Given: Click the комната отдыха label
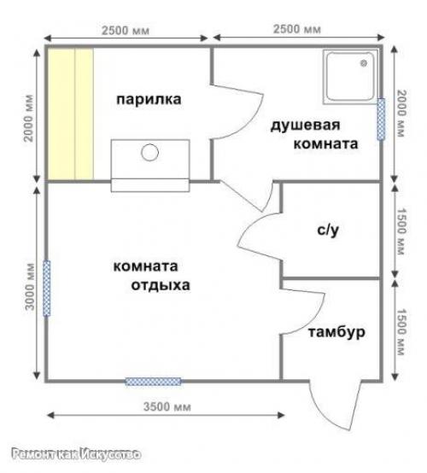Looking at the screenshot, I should click(x=151, y=276).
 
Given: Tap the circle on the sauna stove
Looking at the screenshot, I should click(x=150, y=153).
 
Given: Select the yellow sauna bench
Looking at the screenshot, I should click(x=70, y=114).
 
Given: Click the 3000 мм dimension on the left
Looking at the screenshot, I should click(x=30, y=292).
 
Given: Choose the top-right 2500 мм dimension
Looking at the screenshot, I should click(x=297, y=30).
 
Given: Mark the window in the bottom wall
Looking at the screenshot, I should click(x=153, y=381).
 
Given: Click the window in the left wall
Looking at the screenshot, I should click(x=47, y=288).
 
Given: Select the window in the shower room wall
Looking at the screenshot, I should click(x=381, y=119).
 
